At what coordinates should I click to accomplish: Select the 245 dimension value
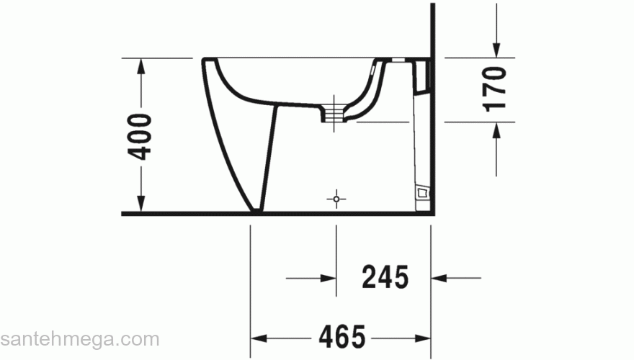coord(385,276)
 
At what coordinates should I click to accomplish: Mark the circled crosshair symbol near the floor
coord(336,198)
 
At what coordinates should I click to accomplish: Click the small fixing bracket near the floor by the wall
coord(423,192)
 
